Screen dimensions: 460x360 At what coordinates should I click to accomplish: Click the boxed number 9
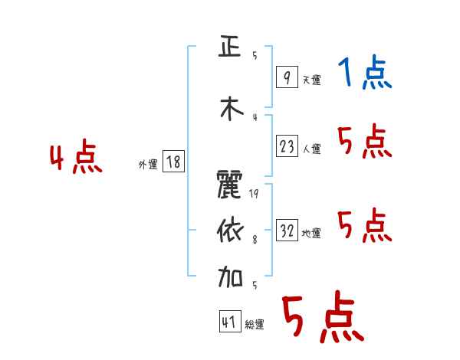click(x=286, y=77)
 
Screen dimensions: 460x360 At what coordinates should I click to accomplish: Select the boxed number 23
click(x=287, y=146)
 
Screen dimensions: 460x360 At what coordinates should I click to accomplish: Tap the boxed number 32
click(x=287, y=231)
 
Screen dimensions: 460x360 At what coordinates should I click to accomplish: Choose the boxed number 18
click(x=173, y=162)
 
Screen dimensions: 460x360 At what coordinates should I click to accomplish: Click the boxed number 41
click(x=229, y=322)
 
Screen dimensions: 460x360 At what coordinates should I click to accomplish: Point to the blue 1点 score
click(x=365, y=74)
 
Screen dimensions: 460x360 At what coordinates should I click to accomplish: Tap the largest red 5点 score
click(x=322, y=318)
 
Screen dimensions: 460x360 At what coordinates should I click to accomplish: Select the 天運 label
click(x=311, y=80)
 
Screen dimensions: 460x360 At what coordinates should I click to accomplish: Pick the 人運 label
click(x=311, y=149)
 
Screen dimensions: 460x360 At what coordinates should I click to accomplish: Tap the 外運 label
click(x=148, y=164)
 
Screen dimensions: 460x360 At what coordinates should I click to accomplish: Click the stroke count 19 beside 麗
click(x=254, y=193)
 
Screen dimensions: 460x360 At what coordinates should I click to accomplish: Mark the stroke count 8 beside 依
click(x=254, y=239)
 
